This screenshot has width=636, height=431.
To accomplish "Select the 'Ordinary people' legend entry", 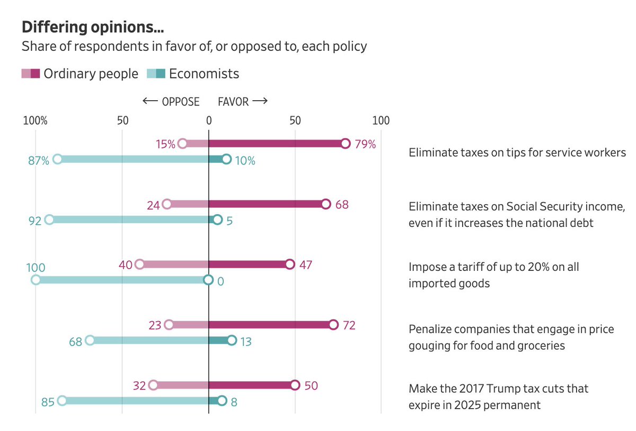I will [x=91, y=74].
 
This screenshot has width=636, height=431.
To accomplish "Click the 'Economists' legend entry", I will [x=204, y=74].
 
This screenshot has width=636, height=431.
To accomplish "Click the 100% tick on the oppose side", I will [x=36, y=120].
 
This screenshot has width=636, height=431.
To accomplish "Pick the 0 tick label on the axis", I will [x=209, y=120].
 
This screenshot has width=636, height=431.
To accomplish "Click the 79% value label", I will [x=365, y=144].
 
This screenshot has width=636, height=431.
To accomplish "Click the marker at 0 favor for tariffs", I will [x=208, y=280].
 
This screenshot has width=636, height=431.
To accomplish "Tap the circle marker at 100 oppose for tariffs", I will [x=36, y=280].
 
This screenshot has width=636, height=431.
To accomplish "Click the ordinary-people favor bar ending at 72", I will [x=270, y=325].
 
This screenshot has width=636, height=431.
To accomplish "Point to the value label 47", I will [x=305, y=265].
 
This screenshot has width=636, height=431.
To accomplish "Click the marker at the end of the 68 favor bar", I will [x=325, y=204].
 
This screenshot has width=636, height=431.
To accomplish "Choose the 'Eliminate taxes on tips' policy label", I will [x=517, y=153].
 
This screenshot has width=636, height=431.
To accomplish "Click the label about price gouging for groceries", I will [x=511, y=337].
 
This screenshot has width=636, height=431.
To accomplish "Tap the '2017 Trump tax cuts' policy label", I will [x=498, y=397].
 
